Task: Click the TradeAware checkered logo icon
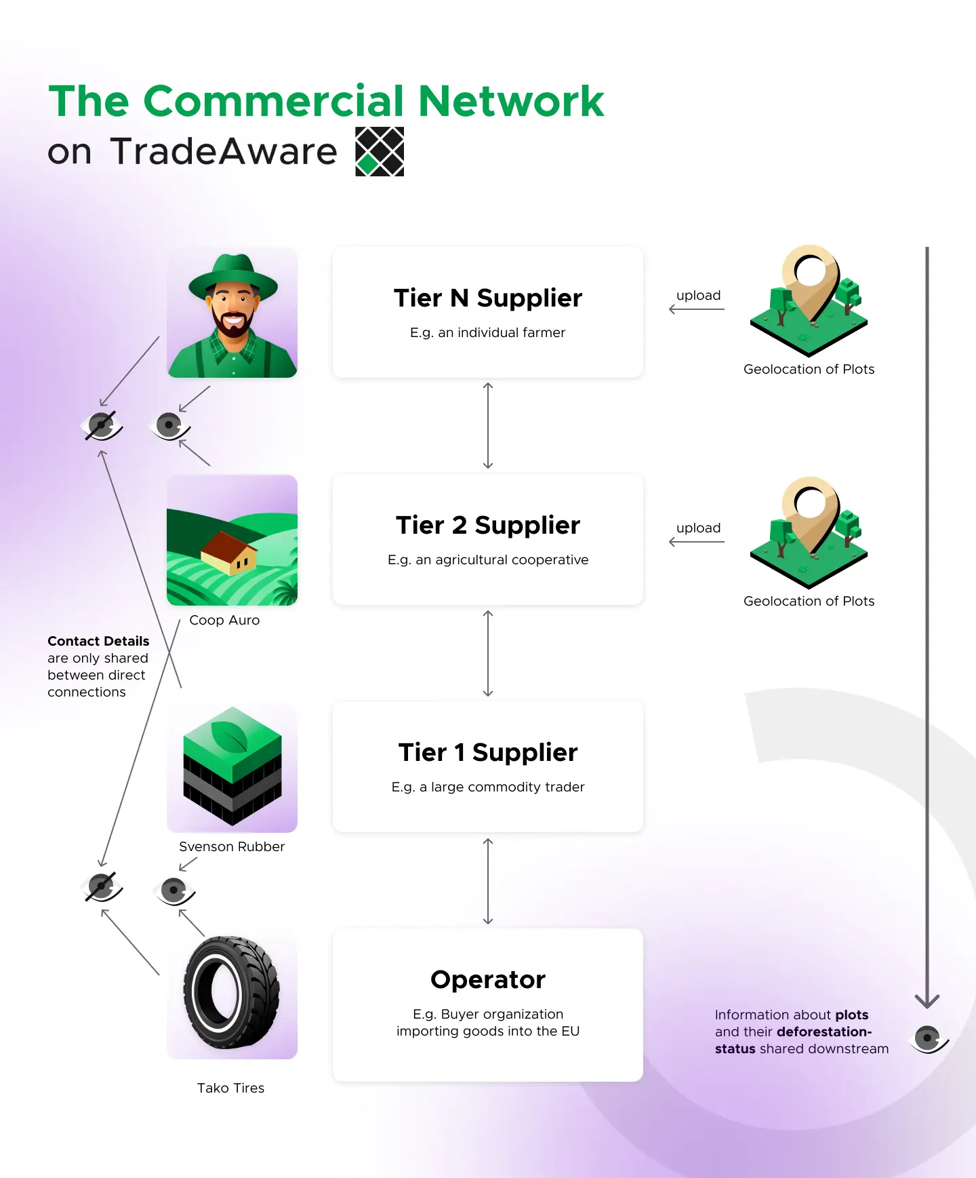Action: pos(380,151)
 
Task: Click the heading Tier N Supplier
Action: pos(488,298)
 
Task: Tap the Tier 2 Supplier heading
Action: pos(488,525)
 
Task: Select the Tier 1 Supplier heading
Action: pos(488,752)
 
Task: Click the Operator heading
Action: pos(488,979)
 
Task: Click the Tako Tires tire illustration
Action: pos(231,993)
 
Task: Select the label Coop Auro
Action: pos(224,620)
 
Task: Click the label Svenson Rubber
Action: pos(232,846)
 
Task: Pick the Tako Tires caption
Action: pos(230,1088)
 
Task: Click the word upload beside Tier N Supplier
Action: pos(698,296)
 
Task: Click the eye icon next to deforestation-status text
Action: pos(928,1038)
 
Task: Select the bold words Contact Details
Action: pos(98,641)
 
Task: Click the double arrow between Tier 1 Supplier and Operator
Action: pos(488,881)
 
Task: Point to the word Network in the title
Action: pos(511,102)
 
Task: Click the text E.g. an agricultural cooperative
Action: pos(488,559)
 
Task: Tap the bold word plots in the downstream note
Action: pos(851,1015)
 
